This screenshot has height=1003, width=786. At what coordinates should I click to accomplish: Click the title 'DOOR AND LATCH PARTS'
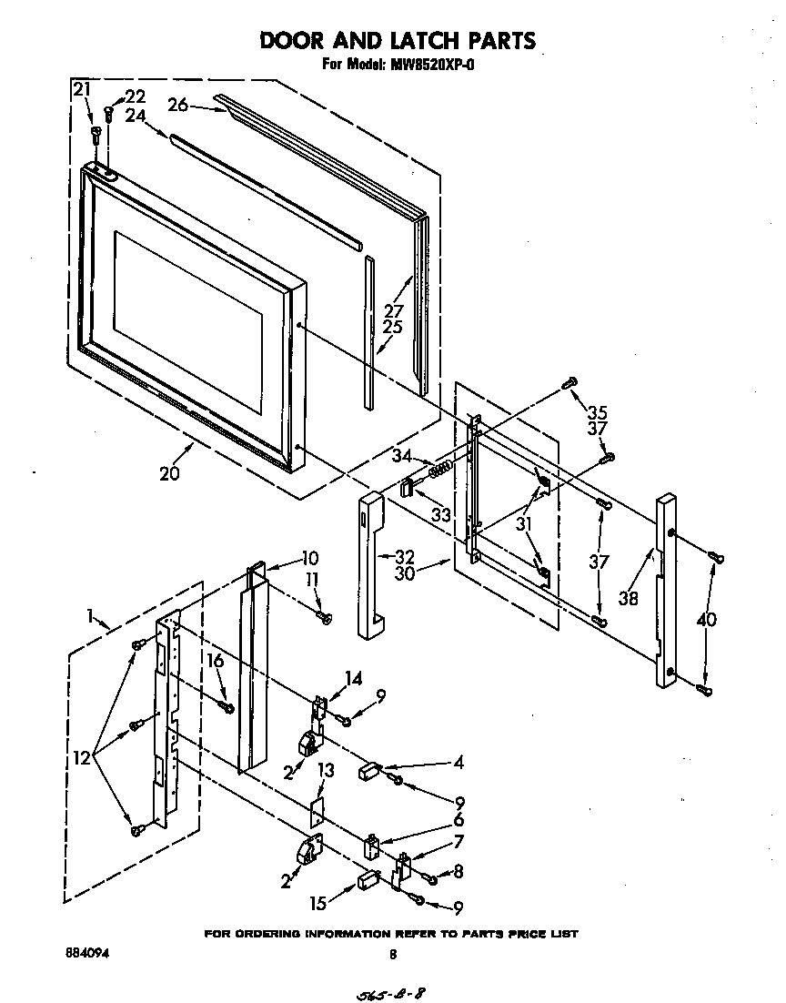point(398,40)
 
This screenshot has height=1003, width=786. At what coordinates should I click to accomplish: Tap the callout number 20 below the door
point(169,473)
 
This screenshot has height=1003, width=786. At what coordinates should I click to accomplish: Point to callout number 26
point(177,105)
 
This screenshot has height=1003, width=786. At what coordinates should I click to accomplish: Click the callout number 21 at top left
point(82,89)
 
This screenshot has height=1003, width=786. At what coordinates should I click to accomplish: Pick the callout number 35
point(597,410)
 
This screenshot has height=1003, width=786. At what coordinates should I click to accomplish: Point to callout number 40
point(706,620)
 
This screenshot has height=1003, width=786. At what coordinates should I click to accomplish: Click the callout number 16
point(216,661)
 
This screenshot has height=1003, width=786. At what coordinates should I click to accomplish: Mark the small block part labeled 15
point(368,879)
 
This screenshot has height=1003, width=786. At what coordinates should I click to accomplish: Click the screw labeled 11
point(325,618)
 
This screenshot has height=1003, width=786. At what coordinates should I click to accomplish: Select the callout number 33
point(441,515)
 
